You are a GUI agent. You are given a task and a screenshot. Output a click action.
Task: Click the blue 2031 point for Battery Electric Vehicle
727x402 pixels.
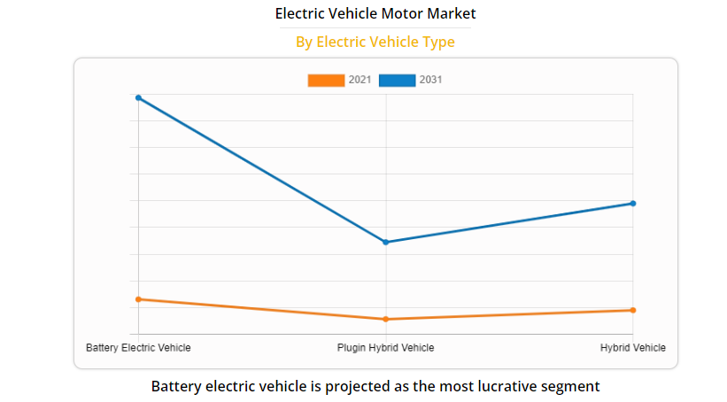point(138,97)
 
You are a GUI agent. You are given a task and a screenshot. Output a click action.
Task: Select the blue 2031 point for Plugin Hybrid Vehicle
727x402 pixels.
point(386,242)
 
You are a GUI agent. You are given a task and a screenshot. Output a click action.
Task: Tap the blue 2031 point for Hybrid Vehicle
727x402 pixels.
point(633,204)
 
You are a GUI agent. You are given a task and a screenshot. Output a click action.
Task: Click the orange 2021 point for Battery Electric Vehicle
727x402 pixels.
point(138,299)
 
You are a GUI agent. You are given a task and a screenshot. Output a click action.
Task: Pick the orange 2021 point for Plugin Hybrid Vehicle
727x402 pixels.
point(386,319)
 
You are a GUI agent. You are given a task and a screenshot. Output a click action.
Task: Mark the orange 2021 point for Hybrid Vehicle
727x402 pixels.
point(633,310)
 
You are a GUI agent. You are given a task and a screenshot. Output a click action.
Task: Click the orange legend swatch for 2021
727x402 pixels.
point(326,81)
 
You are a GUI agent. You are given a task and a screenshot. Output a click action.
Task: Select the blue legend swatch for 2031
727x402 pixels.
point(397,81)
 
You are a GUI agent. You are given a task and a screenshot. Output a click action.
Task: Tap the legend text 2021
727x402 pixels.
point(360,81)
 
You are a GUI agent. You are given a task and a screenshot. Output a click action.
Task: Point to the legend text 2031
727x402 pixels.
point(431,81)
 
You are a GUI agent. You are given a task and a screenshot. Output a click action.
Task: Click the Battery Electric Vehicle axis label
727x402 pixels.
point(138,348)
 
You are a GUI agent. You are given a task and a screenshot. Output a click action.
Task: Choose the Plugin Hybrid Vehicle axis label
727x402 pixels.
point(386,348)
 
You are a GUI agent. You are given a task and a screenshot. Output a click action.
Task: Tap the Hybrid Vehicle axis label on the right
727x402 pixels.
point(633,348)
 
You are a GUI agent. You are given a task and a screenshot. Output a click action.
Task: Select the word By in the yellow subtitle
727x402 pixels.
point(304,42)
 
